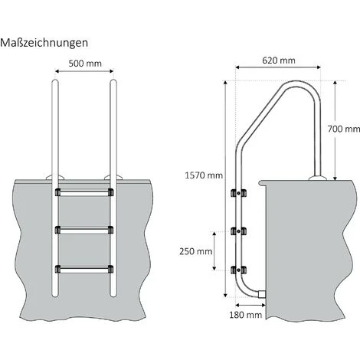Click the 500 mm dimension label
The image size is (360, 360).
(x=85, y=64)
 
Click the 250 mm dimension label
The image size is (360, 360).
(x=195, y=250)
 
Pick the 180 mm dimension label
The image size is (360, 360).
(x=244, y=314)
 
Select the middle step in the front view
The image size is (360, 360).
(x=85, y=231)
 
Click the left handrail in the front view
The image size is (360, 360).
(x=56, y=130)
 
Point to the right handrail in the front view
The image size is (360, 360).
(x=114, y=130)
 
